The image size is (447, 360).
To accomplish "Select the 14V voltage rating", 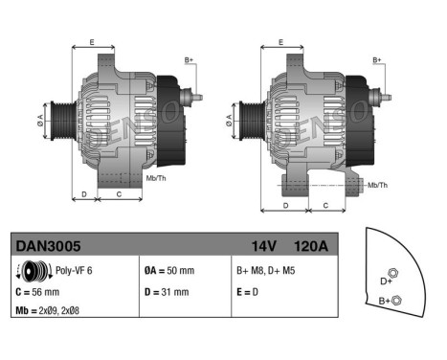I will click(261, 246).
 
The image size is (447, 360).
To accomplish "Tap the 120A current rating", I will click(311, 246).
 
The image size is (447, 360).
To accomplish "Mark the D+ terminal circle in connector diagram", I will click(395, 269).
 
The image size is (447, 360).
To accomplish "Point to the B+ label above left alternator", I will click(189, 59).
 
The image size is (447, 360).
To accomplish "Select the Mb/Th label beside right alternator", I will click(377, 184).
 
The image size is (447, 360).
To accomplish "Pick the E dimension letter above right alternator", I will click(279, 42).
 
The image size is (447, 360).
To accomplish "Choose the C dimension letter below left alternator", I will click(118, 194).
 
